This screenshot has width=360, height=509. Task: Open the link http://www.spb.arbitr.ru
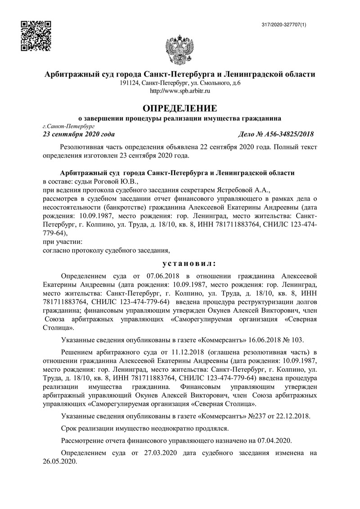point(180,91)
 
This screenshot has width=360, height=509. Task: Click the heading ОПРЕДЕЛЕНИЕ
point(180,108)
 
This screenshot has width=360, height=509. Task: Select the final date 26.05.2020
point(60,461)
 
